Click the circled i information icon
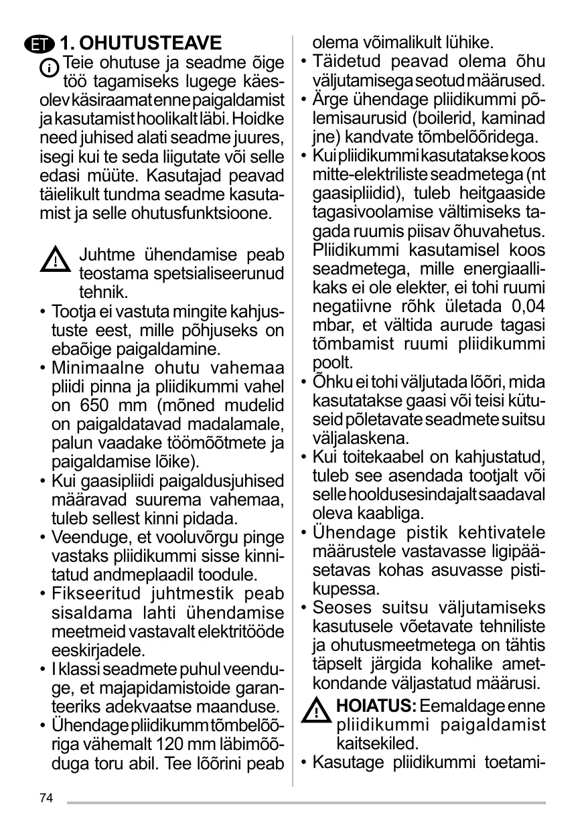pos(48,68)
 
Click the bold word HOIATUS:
pos(376,706)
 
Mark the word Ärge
pos(329,100)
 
